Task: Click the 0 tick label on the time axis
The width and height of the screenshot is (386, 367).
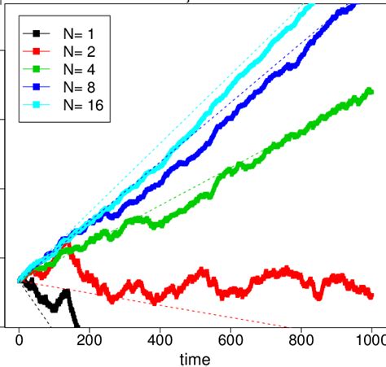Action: [x=19, y=339]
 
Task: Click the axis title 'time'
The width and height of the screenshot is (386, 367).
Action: [x=195, y=358]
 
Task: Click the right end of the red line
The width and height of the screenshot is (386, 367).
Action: [x=371, y=295]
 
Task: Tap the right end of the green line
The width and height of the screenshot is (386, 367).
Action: [x=371, y=92]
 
